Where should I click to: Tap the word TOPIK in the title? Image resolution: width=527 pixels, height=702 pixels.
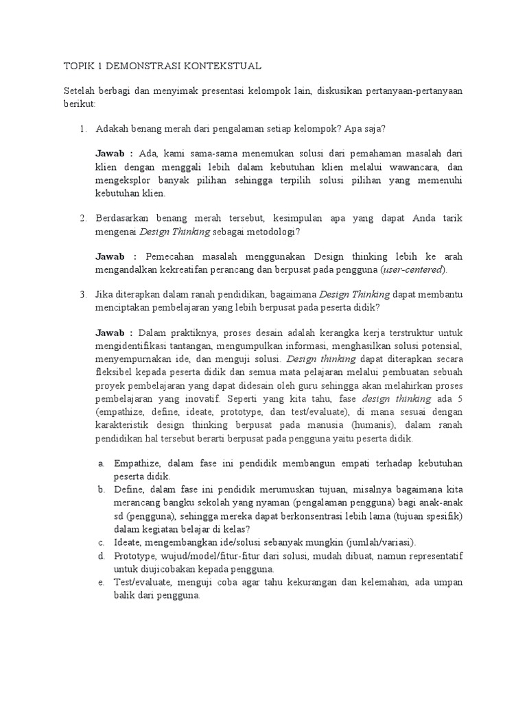point(78,66)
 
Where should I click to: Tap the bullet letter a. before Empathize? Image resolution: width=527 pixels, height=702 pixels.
point(100,463)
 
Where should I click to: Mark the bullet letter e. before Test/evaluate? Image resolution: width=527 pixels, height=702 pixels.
point(100,582)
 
